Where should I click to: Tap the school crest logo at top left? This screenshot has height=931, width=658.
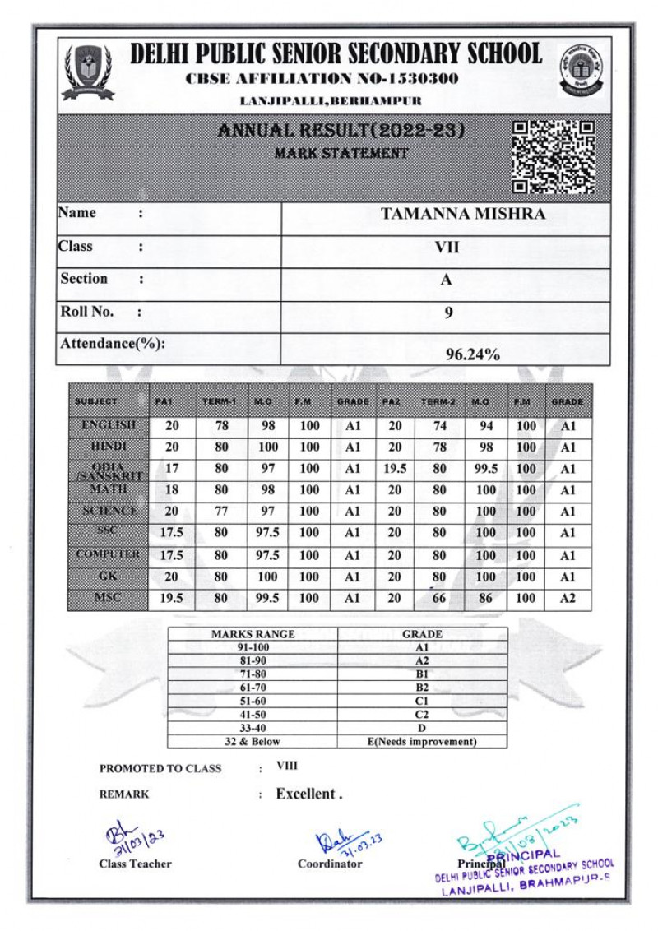[88, 72]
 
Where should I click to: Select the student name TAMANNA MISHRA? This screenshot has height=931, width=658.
[463, 215]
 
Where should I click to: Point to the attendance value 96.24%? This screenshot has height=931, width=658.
[473, 355]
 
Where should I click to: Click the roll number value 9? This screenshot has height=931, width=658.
[448, 312]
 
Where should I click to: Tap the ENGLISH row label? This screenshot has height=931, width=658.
[109, 426]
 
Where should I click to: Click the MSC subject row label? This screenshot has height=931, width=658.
[109, 597]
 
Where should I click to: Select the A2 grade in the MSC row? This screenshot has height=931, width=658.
[568, 599]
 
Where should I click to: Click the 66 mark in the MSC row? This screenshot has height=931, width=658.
[439, 599]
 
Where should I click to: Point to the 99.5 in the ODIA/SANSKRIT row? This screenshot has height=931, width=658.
[485, 470]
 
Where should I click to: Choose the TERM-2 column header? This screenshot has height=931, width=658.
[438, 401]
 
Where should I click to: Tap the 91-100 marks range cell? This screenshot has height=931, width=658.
[253, 647]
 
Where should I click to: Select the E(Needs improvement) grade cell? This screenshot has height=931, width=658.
[422, 742]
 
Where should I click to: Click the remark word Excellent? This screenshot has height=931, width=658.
[306, 794]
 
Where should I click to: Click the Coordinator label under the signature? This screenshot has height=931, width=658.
[330, 864]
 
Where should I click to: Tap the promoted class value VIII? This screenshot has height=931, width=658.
[287, 766]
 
